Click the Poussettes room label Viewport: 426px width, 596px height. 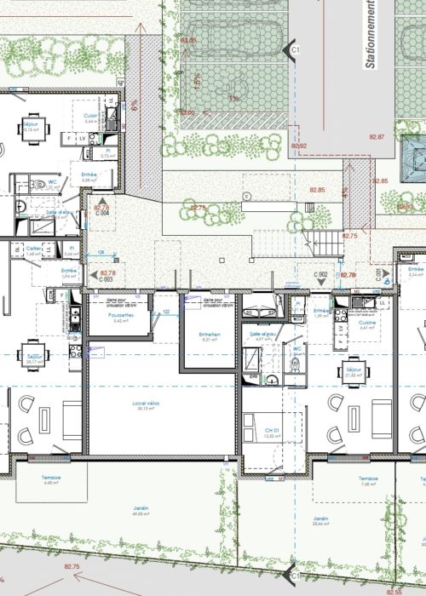(x=120, y=318)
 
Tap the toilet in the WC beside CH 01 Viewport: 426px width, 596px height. (x=294, y=364)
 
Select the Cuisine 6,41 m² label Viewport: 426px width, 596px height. (x=366, y=324)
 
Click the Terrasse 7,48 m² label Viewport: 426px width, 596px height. (x=368, y=481)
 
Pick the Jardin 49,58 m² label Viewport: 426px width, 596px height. (x=141, y=511)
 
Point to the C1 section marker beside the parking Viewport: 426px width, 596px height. (x=296, y=51)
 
